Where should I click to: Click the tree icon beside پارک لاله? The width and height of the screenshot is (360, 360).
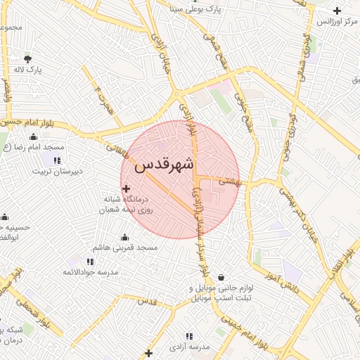pyautogui.click(x=27, y=58)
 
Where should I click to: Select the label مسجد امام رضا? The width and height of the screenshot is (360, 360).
pyautogui.click(x=44, y=147)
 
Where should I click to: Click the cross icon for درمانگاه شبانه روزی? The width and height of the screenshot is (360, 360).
pyautogui.click(x=127, y=188)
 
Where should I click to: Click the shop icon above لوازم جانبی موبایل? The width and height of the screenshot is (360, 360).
pyautogui.click(x=221, y=277)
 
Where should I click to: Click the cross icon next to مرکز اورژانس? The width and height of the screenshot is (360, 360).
pyautogui.click(x=337, y=11)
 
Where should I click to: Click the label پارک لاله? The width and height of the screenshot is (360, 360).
pyautogui.click(x=29, y=70)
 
